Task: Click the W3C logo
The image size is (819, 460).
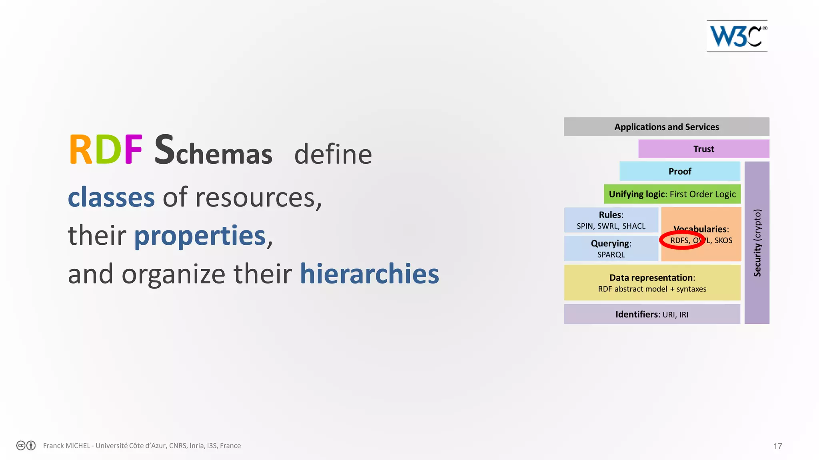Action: (x=737, y=36)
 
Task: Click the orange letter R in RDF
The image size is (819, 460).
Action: (x=80, y=150)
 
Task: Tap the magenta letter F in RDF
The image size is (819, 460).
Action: (x=133, y=150)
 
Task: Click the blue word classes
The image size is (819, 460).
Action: (x=111, y=197)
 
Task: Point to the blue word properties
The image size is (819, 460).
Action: (x=200, y=236)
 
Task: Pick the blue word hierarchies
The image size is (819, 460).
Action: (x=369, y=274)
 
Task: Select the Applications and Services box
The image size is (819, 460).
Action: (x=666, y=127)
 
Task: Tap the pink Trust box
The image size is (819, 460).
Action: (x=703, y=149)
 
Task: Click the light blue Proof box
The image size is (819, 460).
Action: (x=679, y=171)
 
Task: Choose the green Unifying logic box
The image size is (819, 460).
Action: (x=672, y=194)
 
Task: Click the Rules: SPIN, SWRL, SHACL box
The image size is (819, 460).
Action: (x=611, y=220)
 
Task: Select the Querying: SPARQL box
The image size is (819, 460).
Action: (x=611, y=248)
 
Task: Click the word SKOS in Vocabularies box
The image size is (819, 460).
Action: (x=723, y=240)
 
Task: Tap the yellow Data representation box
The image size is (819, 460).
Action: (x=652, y=283)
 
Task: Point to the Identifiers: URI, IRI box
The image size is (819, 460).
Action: (x=652, y=314)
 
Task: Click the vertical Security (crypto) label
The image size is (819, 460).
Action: (x=757, y=243)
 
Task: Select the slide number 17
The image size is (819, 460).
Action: (x=777, y=446)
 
